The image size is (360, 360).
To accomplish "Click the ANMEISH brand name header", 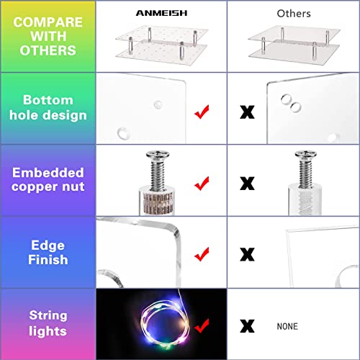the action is (x=161, y=13).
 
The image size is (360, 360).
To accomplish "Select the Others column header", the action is (x=294, y=14).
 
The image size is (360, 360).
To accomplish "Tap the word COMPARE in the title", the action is (x=48, y=22).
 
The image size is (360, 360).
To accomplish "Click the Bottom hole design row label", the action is (x=48, y=107).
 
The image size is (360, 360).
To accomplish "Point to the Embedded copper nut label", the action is (x=48, y=179).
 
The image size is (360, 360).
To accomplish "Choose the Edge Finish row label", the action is (x=48, y=252).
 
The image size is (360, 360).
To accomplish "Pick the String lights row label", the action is (x=48, y=323).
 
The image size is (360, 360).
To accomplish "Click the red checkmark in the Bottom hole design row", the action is (x=202, y=112).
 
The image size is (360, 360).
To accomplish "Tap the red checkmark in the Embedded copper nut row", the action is (x=202, y=184).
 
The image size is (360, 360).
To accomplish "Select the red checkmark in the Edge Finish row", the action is (x=202, y=254).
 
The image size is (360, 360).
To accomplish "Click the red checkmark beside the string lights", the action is (x=202, y=326).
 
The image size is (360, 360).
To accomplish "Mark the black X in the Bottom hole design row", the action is (x=247, y=112).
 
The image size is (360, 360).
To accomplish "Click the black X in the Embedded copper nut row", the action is (x=247, y=184).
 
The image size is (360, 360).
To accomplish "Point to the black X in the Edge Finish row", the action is (x=247, y=254).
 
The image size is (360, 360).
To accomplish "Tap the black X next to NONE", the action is (x=247, y=326).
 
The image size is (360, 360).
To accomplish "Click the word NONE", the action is (x=287, y=326).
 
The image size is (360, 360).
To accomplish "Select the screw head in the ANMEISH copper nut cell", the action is (x=158, y=155).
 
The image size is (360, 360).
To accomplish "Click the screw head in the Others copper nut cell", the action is (x=305, y=155).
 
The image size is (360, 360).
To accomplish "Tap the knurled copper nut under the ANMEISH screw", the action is (x=157, y=202).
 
